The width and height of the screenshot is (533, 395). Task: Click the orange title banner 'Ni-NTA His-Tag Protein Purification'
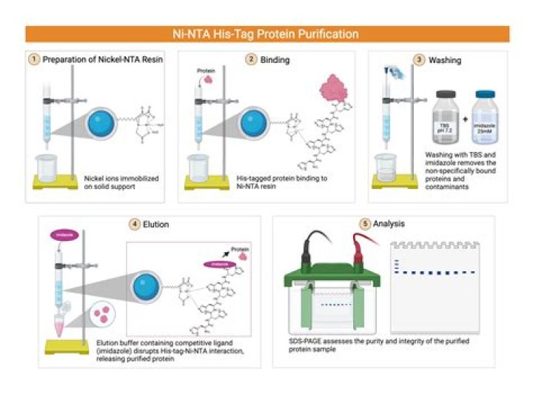point(266,34)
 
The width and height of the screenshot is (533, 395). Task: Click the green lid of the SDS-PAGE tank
point(336,278)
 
